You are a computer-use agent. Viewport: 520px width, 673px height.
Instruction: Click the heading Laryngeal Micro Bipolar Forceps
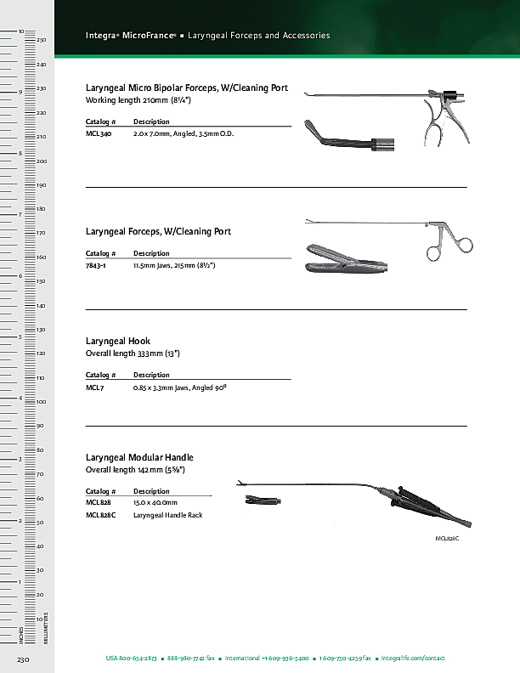click(187, 88)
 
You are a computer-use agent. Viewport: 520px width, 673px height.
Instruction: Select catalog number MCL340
click(99, 134)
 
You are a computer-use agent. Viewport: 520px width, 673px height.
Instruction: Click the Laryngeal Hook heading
click(118, 341)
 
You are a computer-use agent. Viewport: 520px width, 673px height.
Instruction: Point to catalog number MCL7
click(94, 387)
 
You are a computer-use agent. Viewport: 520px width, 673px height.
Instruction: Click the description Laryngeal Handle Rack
click(167, 515)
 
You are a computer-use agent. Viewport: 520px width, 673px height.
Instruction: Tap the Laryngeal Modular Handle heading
click(139, 457)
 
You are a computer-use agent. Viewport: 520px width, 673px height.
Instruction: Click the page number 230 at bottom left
click(23, 659)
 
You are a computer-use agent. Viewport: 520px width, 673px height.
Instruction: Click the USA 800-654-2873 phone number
click(132, 659)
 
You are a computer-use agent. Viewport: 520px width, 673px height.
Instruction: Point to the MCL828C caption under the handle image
click(447, 539)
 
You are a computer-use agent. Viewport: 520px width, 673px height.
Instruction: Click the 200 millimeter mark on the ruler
click(41, 161)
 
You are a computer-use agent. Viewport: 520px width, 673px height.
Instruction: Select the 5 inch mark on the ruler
click(20, 337)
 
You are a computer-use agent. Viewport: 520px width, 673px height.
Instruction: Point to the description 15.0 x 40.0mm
click(155, 503)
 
